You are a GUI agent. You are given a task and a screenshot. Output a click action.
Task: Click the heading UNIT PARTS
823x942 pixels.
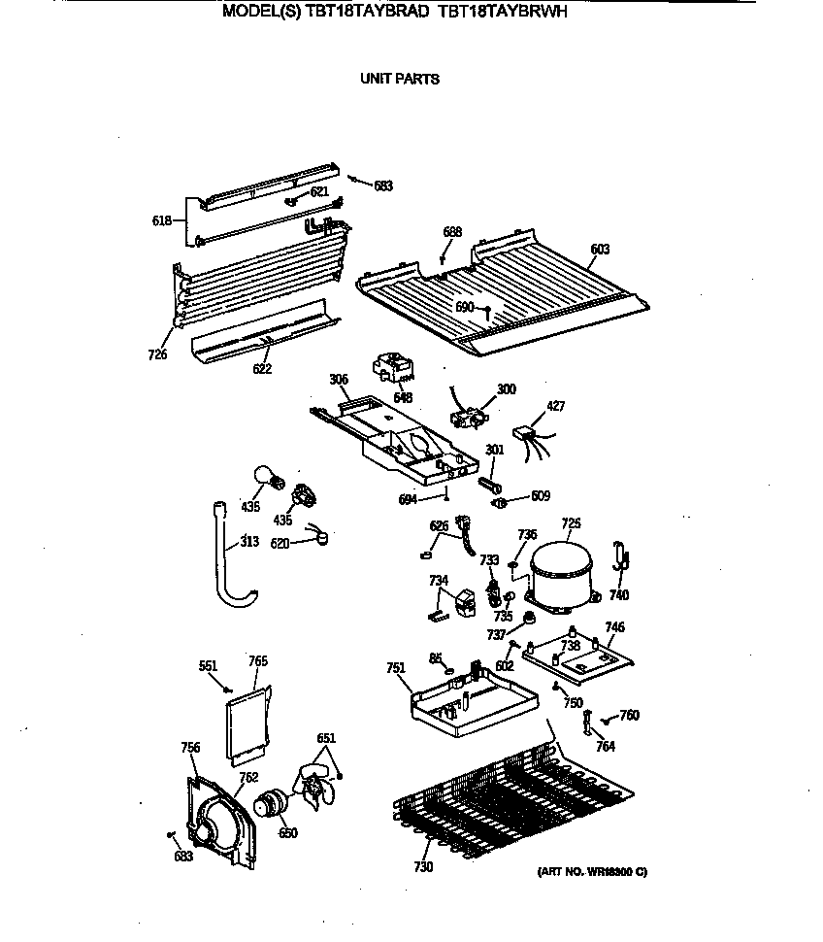pos(400,79)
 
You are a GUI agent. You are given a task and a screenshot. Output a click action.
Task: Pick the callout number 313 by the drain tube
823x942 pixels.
pos(249,542)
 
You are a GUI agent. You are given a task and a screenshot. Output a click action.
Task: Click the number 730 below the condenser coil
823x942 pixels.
pos(423,867)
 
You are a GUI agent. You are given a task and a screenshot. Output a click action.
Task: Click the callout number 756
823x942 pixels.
pos(190,747)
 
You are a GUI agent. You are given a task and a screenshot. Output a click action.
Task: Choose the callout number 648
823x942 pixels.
pos(403,398)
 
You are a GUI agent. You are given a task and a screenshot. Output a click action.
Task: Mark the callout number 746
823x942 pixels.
pos(614,627)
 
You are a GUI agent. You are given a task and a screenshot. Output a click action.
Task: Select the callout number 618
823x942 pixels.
pos(161,220)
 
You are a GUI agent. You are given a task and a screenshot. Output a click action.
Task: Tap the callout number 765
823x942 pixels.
pos(257,661)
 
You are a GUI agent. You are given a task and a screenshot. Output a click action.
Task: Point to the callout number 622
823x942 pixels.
pos(262,369)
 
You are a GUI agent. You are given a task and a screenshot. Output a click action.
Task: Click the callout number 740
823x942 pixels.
pos(618,594)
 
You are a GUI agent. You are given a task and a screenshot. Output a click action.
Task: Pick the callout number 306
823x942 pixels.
pos(338,380)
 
